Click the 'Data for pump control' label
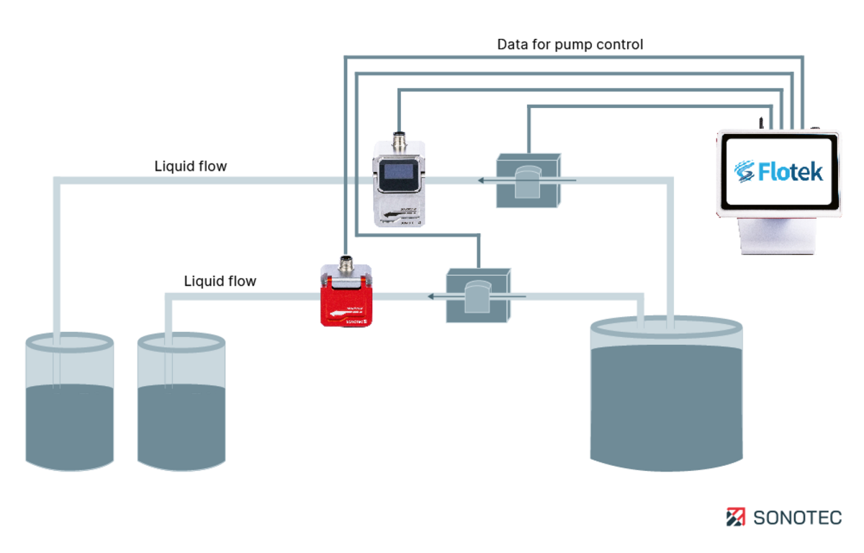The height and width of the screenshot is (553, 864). point(570,45)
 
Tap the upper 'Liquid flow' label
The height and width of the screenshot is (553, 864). point(191,166)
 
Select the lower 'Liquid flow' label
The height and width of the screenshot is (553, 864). point(220,281)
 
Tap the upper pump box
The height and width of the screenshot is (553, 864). point(528,180)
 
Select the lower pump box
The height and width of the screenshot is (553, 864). point(477,295)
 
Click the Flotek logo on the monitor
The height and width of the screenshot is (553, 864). point(778,171)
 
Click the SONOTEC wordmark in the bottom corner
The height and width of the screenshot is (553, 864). point(797,517)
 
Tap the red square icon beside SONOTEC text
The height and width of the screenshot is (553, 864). point(736,517)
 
